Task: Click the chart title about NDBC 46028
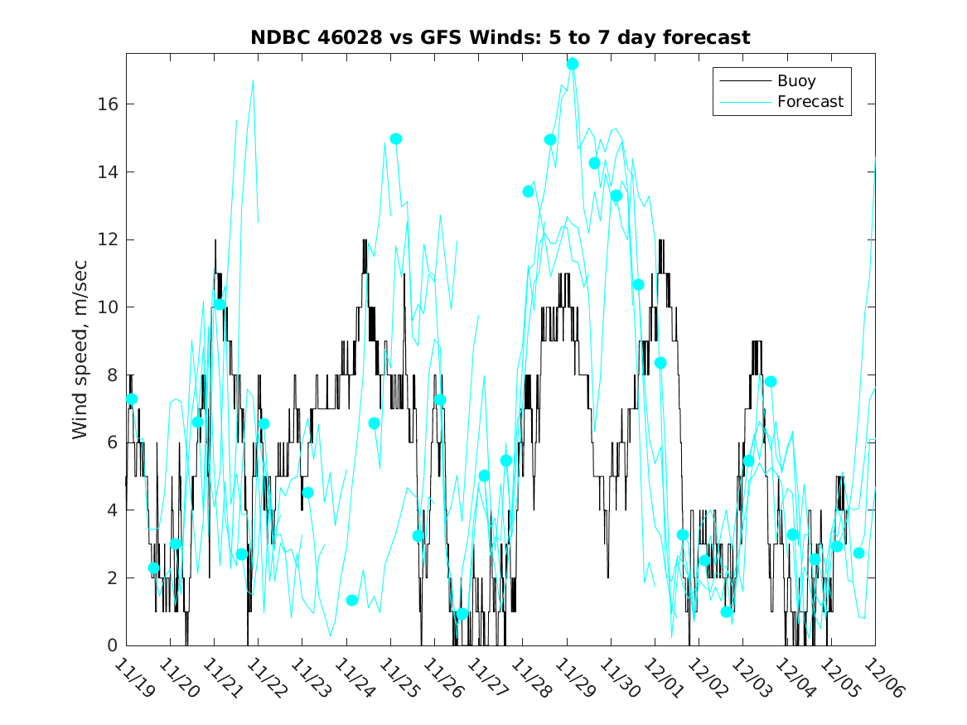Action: (500, 37)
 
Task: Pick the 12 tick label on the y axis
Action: (110, 240)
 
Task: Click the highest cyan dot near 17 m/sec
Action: (573, 64)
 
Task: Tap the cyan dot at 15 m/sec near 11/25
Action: (396, 138)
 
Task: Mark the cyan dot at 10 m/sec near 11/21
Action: (220, 304)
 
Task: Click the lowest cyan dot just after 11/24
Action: (351, 600)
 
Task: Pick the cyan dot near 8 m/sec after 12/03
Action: (771, 381)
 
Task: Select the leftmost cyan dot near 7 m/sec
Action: (131, 399)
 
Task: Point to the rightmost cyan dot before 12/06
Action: (858, 553)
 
